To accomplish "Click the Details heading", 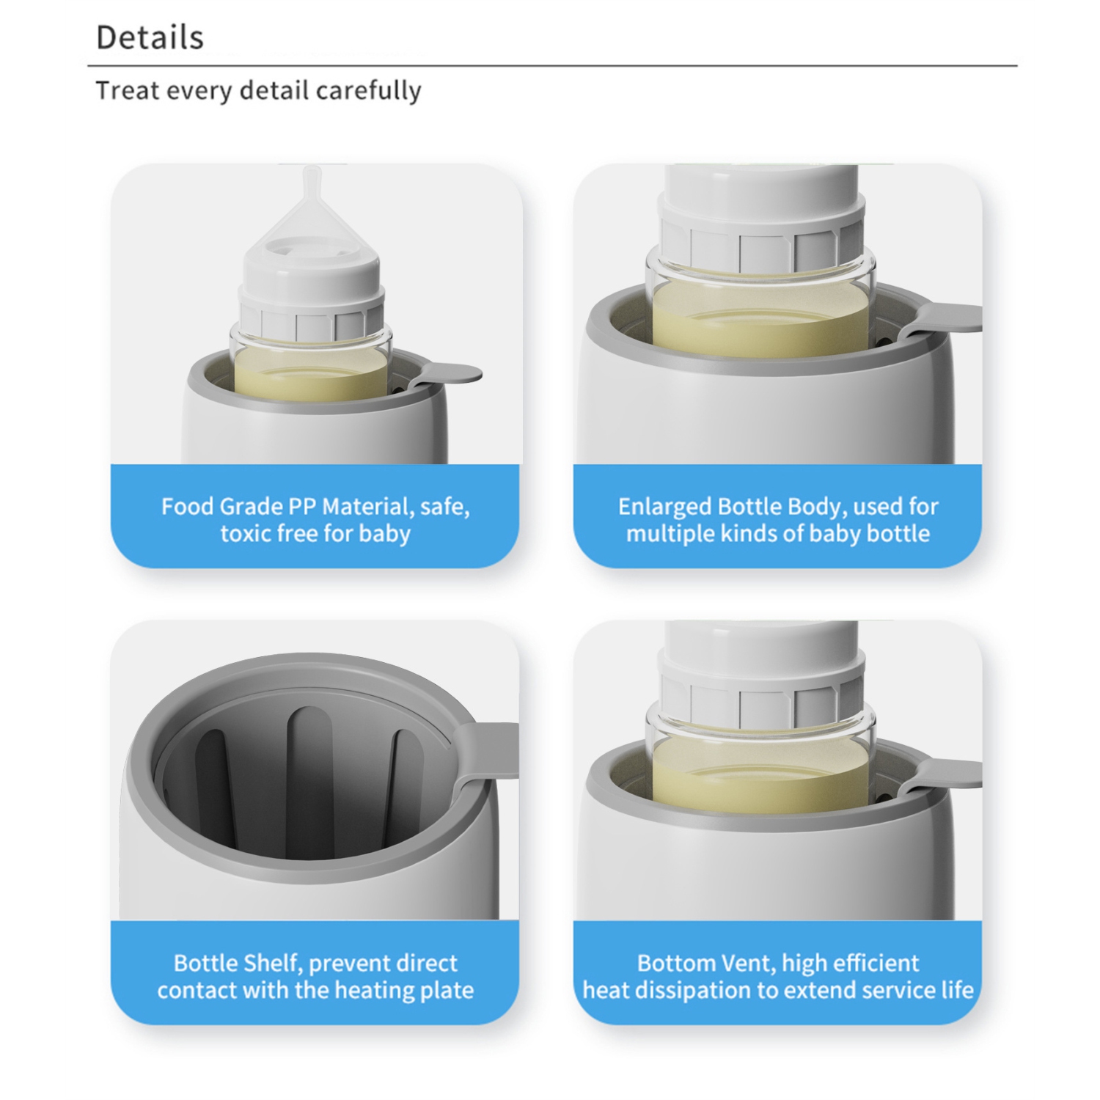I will (x=150, y=37).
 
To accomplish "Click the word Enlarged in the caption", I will (x=664, y=507).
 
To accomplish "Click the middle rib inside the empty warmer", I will (x=309, y=777).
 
